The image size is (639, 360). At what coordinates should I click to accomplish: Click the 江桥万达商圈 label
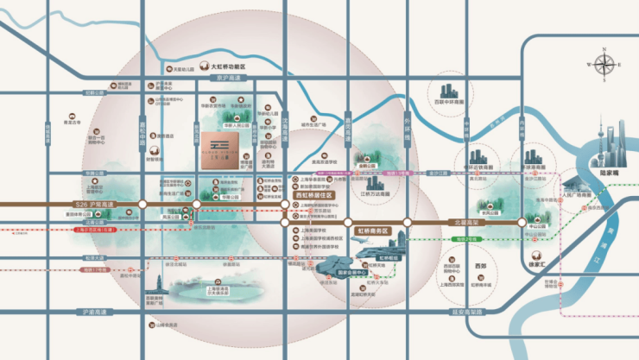point(373,194)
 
